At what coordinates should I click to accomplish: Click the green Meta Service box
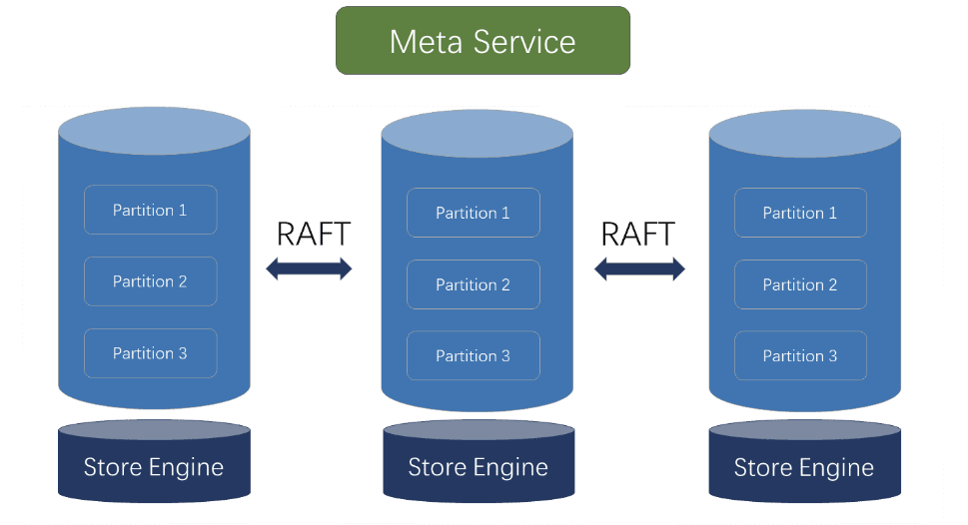point(483,41)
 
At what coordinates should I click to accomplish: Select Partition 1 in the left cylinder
point(150,210)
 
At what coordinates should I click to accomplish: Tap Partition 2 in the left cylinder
point(150,281)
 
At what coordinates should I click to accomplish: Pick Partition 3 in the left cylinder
point(150,353)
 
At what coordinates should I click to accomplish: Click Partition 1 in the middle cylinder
point(473,213)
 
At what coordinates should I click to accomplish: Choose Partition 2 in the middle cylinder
point(473,284)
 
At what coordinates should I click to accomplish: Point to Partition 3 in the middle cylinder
point(473,355)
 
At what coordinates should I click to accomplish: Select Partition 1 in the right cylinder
point(800,213)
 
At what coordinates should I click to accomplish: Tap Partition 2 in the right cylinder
point(800,284)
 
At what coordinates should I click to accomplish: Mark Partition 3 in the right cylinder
point(800,355)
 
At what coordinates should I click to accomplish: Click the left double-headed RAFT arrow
point(309,268)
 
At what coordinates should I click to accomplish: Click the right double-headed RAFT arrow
point(639,268)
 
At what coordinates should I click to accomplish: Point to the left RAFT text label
point(313,234)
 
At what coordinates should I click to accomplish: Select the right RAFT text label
point(637,234)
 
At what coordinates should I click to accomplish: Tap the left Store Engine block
point(154,467)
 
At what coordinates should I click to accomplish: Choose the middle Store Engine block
point(479,467)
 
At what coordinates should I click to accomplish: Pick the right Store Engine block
point(804,467)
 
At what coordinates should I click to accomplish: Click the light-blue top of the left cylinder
point(154,130)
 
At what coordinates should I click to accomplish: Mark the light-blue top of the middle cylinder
point(477,134)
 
